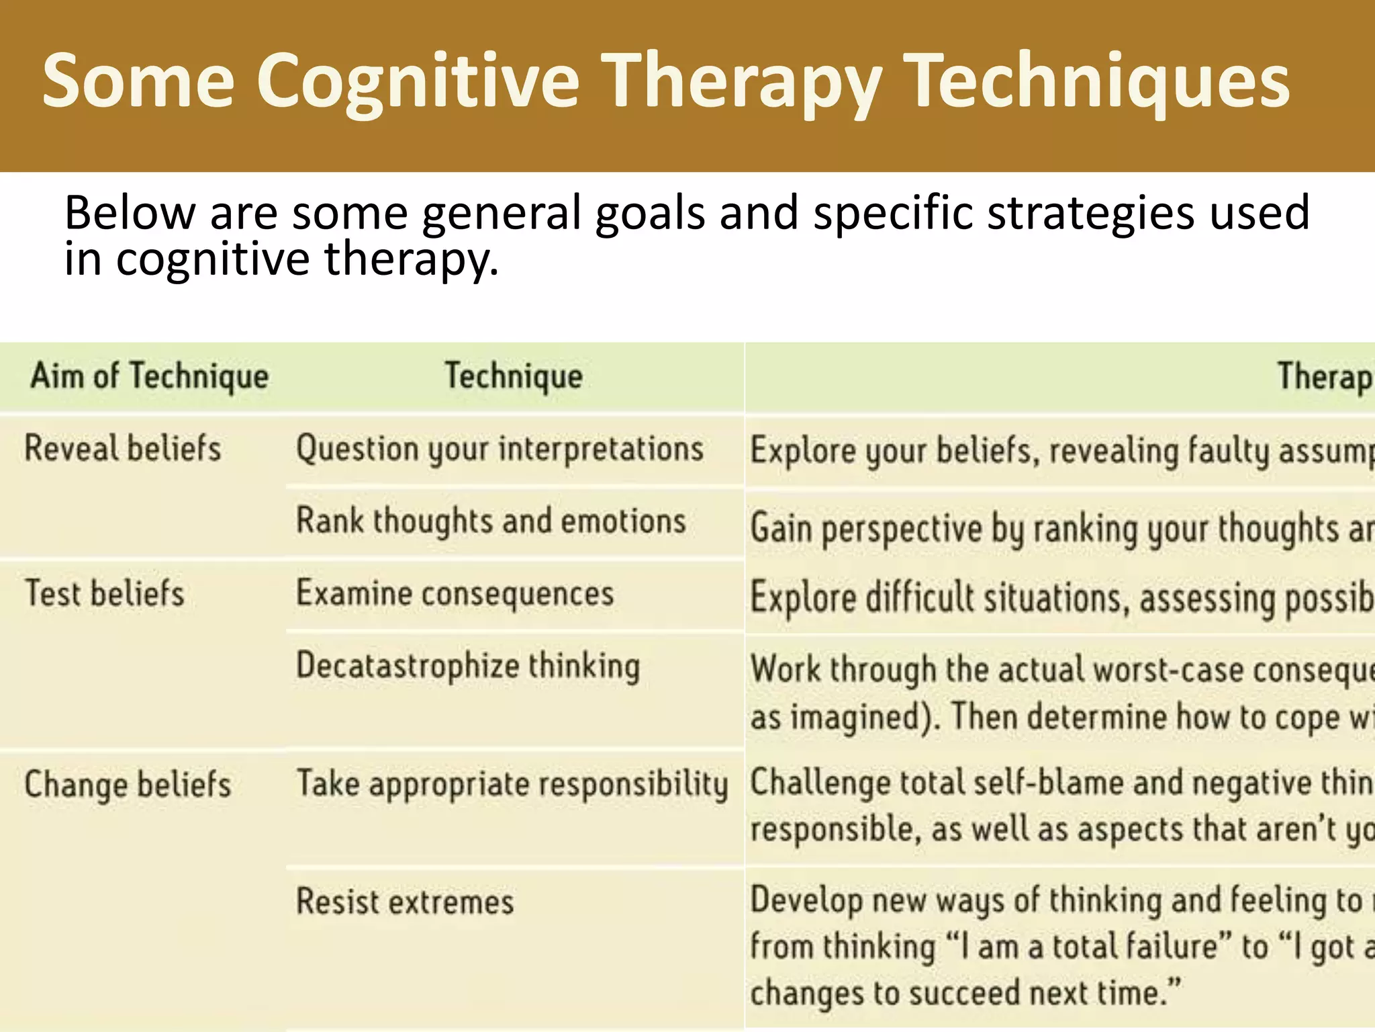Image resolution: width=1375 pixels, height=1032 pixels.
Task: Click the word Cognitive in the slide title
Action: coord(418,82)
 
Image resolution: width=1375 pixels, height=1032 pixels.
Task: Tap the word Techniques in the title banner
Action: coord(1098,82)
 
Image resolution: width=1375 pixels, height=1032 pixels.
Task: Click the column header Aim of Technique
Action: coord(149,376)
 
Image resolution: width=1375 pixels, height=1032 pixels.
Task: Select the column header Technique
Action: coord(514,376)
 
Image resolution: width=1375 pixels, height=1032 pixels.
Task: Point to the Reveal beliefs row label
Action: coord(122,449)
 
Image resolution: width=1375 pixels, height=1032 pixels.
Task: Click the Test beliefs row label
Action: coord(104,594)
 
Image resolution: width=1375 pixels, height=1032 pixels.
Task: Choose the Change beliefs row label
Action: coord(128,785)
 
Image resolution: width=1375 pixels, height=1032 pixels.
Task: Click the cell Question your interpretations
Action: coord(500,449)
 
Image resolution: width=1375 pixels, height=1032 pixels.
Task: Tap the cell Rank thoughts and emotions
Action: coord(491,521)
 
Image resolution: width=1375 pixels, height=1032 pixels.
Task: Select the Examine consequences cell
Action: coord(455,594)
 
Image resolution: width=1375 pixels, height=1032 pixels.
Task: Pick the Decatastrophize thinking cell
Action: coord(468,666)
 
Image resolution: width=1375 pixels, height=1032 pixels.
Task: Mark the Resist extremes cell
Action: coord(405,902)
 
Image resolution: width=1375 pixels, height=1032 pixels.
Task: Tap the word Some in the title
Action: coord(138,82)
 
